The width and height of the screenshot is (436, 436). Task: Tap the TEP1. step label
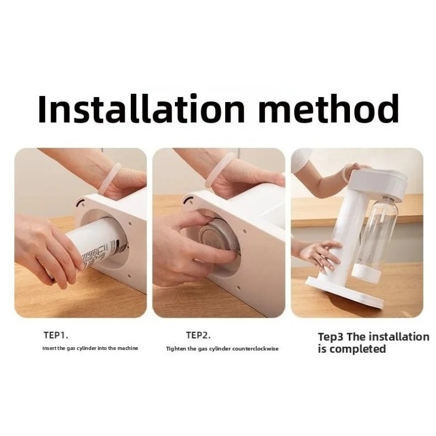pyautogui.click(x=56, y=335)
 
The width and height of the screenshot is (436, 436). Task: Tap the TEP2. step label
pyautogui.click(x=198, y=335)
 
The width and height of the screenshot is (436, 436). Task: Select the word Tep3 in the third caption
pyautogui.click(x=331, y=337)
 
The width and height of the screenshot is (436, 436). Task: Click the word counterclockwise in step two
pyautogui.click(x=255, y=349)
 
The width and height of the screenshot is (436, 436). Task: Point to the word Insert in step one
pyautogui.click(x=50, y=348)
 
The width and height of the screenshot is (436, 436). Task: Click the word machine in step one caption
pyautogui.click(x=128, y=348)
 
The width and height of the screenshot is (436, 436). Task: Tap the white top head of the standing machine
pyautogui.click(x=379, y=183)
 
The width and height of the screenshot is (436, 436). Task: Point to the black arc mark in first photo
pyautogui.click(x=80, y=202)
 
